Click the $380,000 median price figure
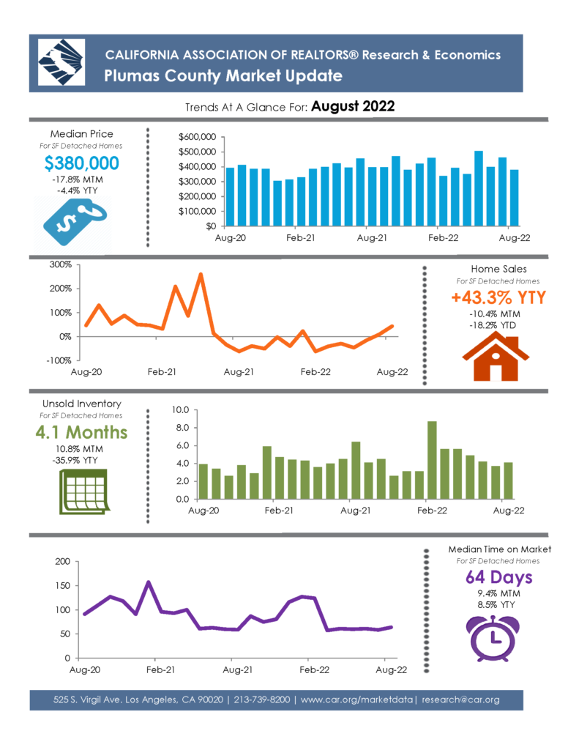click(x=81, y=163)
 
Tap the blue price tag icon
click(x=75, y=222)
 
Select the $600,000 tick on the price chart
click(x=197, y=137)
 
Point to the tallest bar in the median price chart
click(x=479, y=188)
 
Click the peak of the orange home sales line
click(x=201, y=275)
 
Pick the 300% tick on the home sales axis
click(x=60, y=264)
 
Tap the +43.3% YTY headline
click(x=498, y=297)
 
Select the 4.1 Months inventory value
click(x=81, y=432)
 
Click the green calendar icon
click(x=84, y=491)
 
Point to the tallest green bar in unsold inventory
click(x=432, y=460)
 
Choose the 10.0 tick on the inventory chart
click(x=181, y=410)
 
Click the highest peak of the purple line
click(x=148, y=582)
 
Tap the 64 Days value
click(x=498, y=577)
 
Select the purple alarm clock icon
click(x=493, y=639)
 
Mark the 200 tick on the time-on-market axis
click(x=63, y=562)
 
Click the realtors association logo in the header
click(x=61, y=63)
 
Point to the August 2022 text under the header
click(x=353, y=106)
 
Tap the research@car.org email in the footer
click(x=460, y=699)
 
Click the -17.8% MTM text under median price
click(x=78, y=180)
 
